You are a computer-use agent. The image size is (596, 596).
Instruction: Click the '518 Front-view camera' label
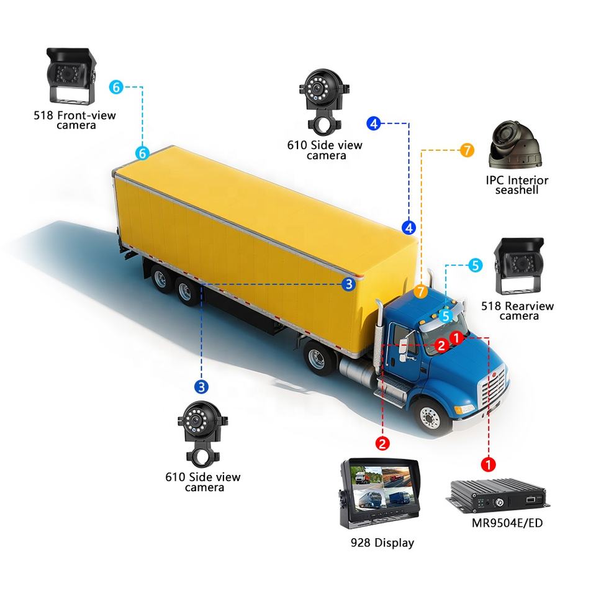tap(76, 120)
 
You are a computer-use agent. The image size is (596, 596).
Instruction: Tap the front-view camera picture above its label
tap(70, 77)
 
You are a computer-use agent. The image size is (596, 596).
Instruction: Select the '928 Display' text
tap(382, 543)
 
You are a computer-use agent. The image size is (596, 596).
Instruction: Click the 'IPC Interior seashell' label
tap(517, 185)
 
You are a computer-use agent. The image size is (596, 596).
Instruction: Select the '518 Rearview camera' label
tap(518, 311)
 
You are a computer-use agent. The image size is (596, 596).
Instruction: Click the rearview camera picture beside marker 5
tap(518, 266)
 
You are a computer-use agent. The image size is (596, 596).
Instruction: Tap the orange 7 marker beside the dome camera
tap(466, 150)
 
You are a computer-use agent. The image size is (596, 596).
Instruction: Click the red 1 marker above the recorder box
tap(489, 464)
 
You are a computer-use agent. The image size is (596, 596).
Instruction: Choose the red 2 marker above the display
tap(383, 443)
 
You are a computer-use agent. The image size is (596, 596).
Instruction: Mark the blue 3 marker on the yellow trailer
tap(349, 284)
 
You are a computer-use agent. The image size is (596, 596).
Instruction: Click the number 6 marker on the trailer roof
tap(142, 153)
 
